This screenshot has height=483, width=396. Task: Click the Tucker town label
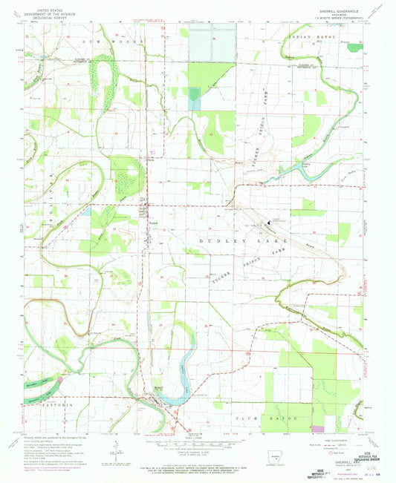(x=153, y=222)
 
